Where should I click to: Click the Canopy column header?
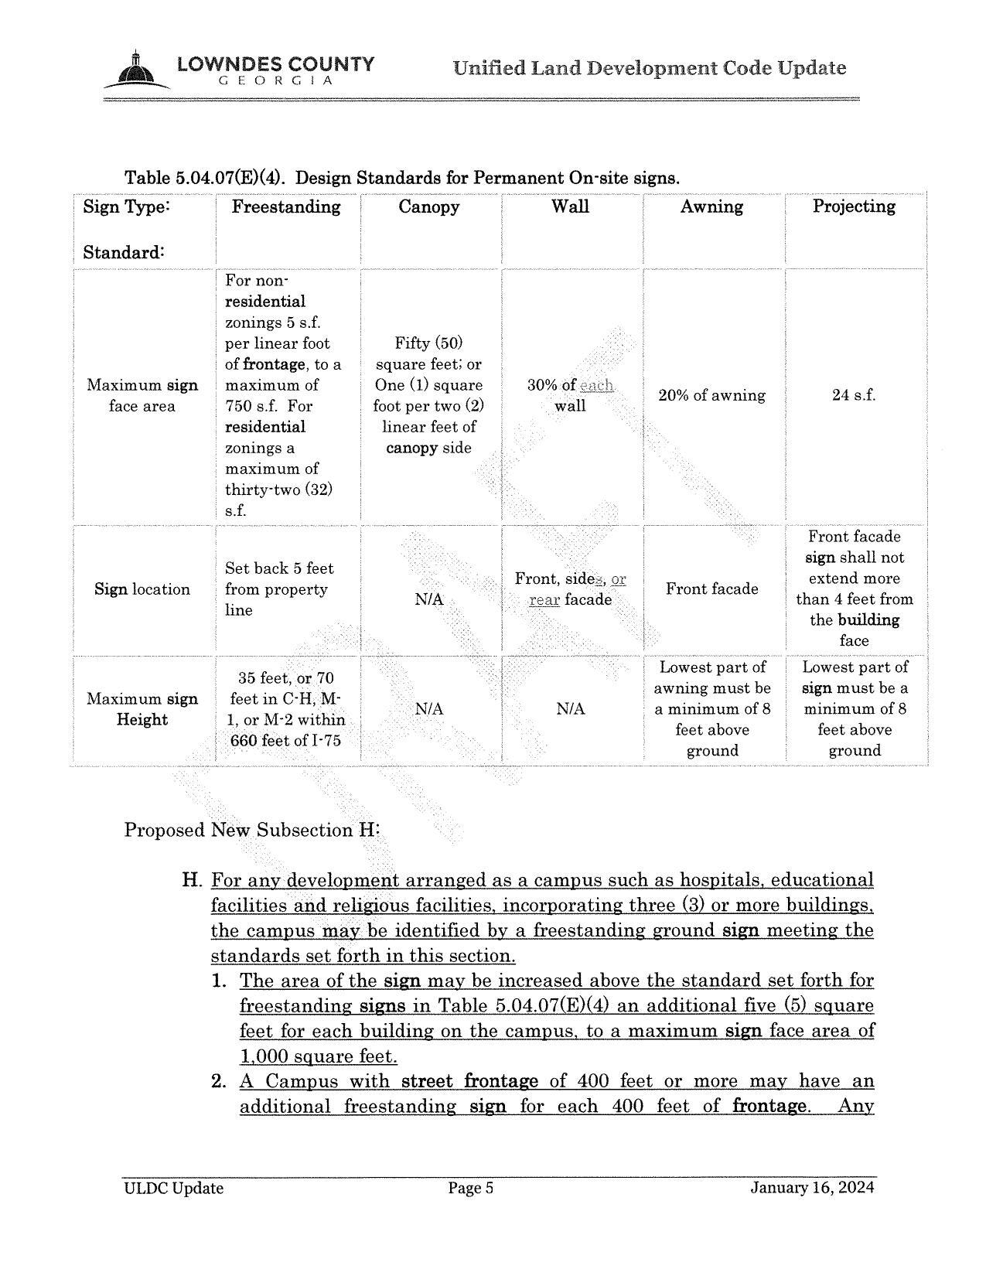[x=428, y=206]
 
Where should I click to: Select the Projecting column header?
[x=854, y=206]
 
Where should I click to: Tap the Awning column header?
[x=711, y=206]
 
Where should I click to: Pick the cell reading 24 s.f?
[x=854, y=395]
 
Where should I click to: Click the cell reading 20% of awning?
[x=711, y=395]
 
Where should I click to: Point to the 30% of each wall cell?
[x=570, y=395]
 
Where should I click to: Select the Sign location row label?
[x=142, y=589]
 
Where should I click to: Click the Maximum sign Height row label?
[x=142, y=709]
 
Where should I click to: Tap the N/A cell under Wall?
[x=570, y=709]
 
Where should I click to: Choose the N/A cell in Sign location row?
[x=428, y=599]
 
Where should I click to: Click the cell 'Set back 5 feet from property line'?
[x=279, y=589]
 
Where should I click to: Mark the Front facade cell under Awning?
[x=711, y=589]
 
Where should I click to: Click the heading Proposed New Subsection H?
[x=252, y=830]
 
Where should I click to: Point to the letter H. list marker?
[x=191, y=880]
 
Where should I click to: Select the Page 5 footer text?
[x=471, y=1189]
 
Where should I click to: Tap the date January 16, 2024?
[x=812, y=1188]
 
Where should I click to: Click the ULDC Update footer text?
[x=174, y=1189]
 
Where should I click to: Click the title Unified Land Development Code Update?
[x=650, y=68]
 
